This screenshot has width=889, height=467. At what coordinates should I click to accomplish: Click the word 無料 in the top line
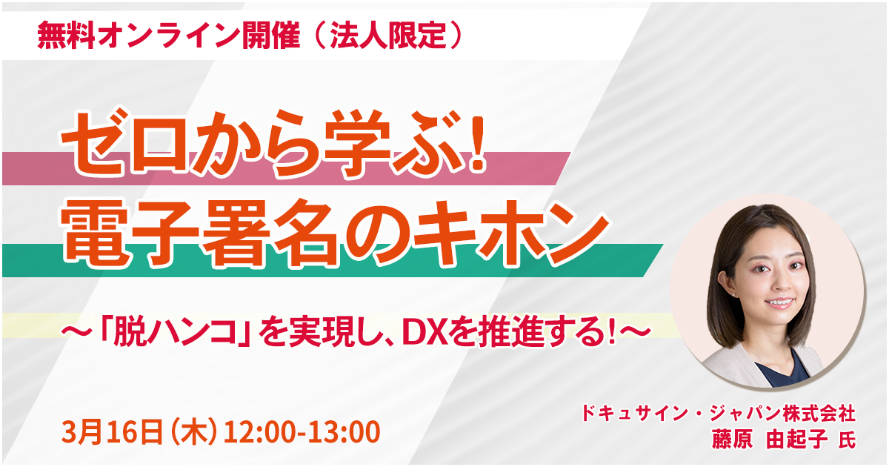point(66,35)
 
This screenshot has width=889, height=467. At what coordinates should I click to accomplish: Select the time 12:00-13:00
point(302,432)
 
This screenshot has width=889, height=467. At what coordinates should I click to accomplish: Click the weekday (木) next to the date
point(193,432)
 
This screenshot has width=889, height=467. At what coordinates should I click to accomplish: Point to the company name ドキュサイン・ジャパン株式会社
point(719,413)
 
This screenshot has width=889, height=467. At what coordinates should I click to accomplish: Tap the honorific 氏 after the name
point(847,440)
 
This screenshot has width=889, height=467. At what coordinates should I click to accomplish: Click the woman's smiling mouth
point(779,302)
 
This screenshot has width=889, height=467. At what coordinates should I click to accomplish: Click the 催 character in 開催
point(285,35)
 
